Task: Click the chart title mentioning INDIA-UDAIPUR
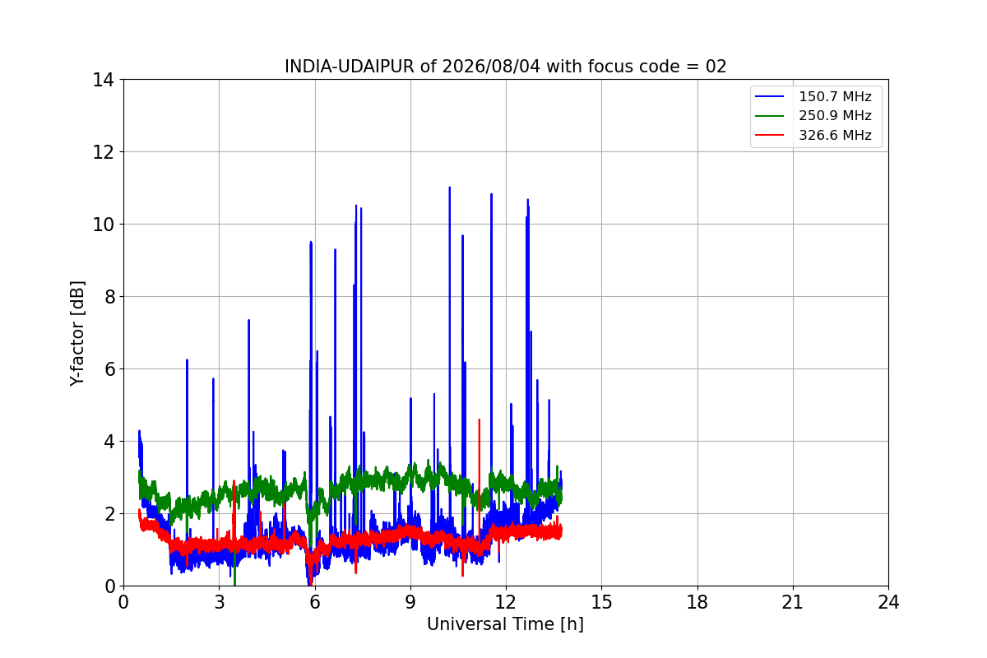click(x=505, y=67)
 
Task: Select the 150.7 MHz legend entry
click(x=813, y=96)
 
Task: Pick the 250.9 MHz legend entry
click(x=813, y=115)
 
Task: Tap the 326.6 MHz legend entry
click(x=813, y=135)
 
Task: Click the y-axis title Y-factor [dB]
click(x=77, y=334)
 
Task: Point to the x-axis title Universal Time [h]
click(x=505, y=624)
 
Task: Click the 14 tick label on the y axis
click(x=103, y=81)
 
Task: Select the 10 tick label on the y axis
click(x=103, y=225)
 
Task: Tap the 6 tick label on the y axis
click(x=109, y=369)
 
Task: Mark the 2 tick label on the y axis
click(x=109, y=514)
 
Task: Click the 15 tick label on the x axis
click(x=601, y=602)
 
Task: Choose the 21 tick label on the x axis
click(x=793, y=602)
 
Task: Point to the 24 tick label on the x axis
click(x=888, y=602)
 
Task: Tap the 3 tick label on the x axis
click(x=220, y=602)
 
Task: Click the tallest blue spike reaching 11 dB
click(x=449, y=188)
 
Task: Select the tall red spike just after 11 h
click(x=479, y=420)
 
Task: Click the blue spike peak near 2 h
click(x=187, y=360)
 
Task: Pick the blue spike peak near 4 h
click(x=248, y=321)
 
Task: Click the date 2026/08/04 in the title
click(x=491, y=67)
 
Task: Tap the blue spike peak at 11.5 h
click(x=491, y=194)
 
